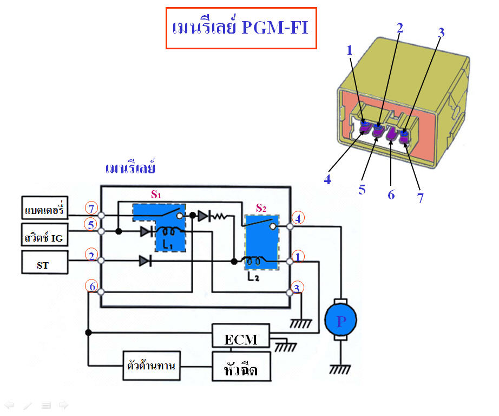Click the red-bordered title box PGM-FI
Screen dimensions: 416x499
pyautogui.click(x=240, y=28)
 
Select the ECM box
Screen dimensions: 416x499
pyautogui.click(x=241, y=339)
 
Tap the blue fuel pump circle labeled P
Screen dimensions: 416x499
pyautogui.click(x=340, y=321)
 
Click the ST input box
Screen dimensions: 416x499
pyautogui.click(x=45, y=263)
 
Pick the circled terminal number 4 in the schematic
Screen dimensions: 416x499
pyautogui.click(x=298, y=218)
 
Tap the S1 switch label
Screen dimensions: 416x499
pyautogui.click(x=156, y=195)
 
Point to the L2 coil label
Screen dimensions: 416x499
pyautogui.click(x=253, y=277)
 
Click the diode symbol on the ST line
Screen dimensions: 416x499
pyautogui.click(x=145, y=261)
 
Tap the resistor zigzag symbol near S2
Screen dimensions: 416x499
pyautogui.click(x=219, y=216)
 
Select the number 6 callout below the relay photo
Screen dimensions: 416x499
pyautogui.click(x=391, y=194)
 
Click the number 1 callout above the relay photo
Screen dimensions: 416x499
pyautogui.click(x=350, y=50)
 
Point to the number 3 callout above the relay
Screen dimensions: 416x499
pyautogui.click(x=441, y=32)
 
